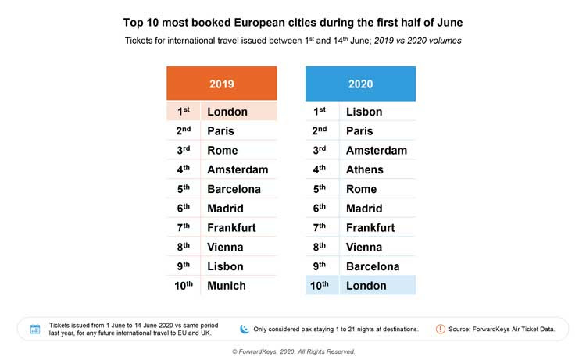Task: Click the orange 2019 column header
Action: pos(221,84)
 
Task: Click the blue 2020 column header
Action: pos(360,84)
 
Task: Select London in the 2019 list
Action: pos(227,112)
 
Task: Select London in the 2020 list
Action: pos(366,286)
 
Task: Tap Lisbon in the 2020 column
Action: pos(364,112)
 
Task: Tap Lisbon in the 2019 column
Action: pos(225,266)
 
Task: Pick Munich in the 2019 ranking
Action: pos(227,286)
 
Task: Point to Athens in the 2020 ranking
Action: pos(365,169)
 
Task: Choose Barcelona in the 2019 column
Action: pos(234,189)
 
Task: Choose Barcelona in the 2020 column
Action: pos(373,266)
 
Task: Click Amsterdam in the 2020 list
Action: pos(377,150)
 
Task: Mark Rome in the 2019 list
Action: pos(223,150)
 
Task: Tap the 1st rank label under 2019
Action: pos(183,112)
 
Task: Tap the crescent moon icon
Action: pos(245,329)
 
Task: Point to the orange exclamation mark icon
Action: pos(441,329)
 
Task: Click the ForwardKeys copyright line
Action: pos(293,351)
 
